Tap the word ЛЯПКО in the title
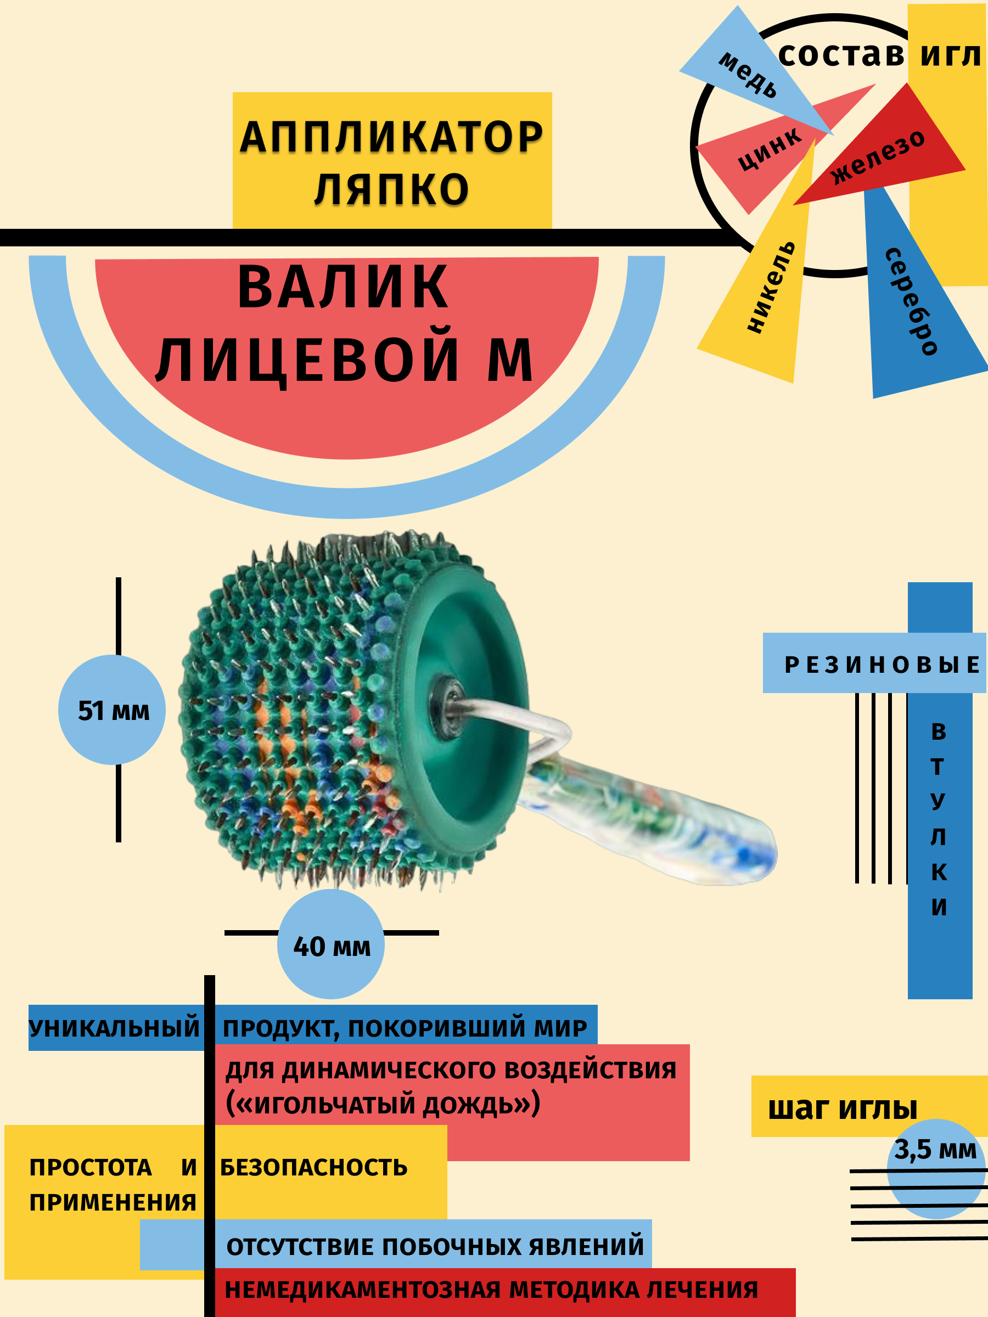391,190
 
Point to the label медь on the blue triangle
748,75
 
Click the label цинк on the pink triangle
770,149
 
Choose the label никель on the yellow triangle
771,286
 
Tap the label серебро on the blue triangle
911,301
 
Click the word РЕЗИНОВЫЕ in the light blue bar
882,665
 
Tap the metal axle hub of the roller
448,701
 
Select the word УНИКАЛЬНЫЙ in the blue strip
114,1028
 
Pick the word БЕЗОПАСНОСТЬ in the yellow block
314,1168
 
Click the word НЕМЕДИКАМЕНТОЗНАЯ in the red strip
362,1290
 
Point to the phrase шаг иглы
842,1109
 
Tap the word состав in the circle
841,55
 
